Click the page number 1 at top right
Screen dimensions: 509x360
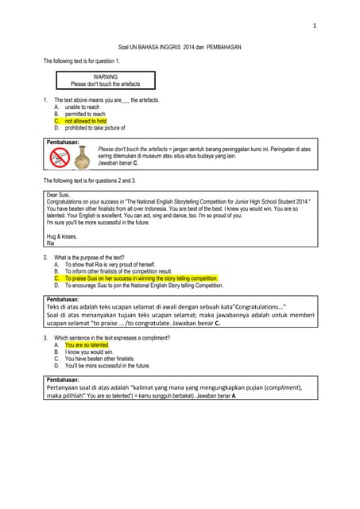(315, 27)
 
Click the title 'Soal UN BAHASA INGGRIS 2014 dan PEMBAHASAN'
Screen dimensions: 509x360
(179, 48)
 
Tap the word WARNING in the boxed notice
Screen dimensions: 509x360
(105, 76)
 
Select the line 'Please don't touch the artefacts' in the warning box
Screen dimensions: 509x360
(105, 84)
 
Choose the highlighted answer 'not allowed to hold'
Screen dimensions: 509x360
(86, 121)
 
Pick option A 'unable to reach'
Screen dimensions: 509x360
(82, 107)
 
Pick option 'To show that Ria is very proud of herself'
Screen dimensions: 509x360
(110, 265)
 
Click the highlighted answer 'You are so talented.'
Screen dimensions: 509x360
(86, 345)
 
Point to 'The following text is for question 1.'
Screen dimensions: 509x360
(82, 61)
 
